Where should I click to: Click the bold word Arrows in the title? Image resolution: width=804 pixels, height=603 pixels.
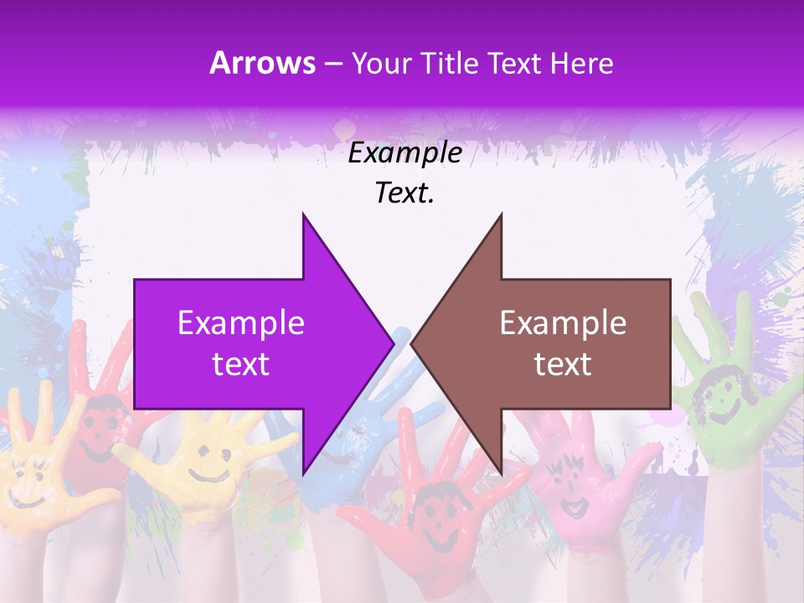click(x=263, y=63)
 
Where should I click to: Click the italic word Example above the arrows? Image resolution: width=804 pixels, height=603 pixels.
click(x=405, y=153)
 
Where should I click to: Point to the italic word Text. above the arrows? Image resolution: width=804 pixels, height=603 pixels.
click(x=405, y=193)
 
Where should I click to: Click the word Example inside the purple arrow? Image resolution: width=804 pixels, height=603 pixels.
click(x=241, y=323)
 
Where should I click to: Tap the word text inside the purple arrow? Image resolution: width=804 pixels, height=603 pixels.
click(x=241, y=363)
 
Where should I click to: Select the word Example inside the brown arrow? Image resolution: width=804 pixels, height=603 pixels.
click(x=563, y=323)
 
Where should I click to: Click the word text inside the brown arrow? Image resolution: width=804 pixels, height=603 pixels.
click(x=563, y=363)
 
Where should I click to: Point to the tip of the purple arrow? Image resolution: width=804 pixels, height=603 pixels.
click(x=392, y=343)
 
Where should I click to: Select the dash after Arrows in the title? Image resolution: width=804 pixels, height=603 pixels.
click(x=332, y=64)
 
